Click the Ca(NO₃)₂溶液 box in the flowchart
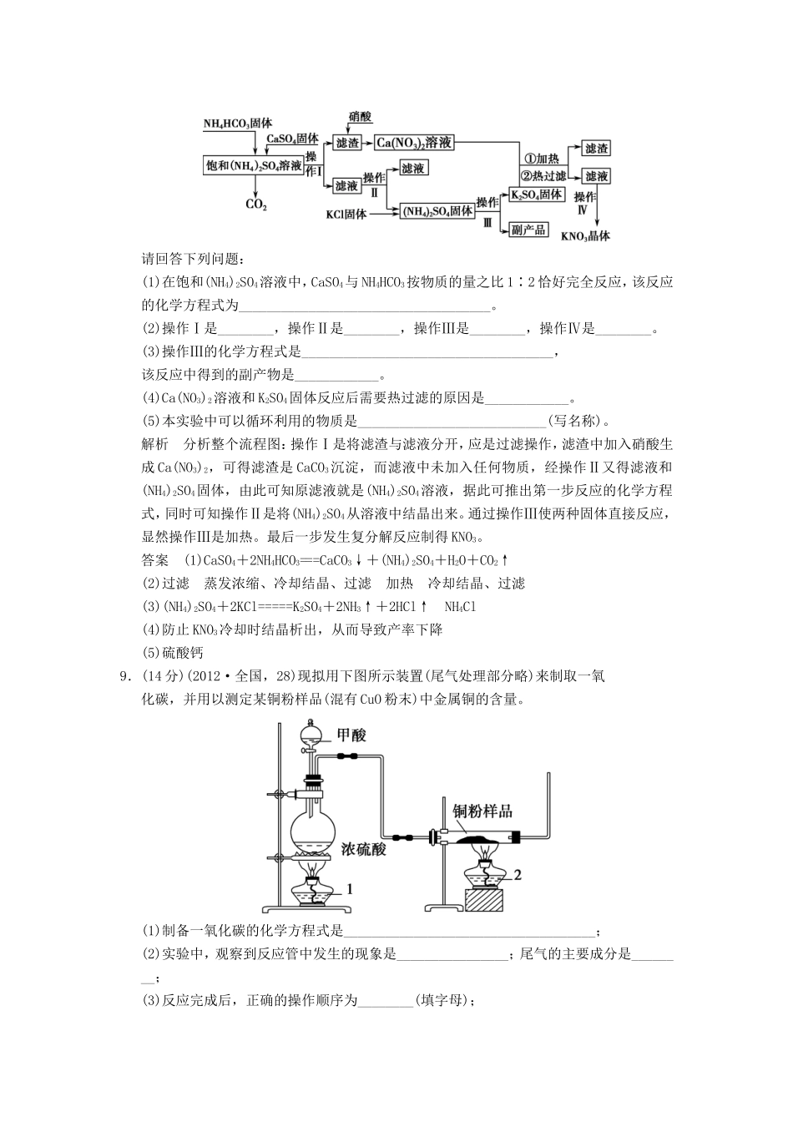[414, 143]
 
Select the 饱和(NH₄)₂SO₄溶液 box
[253, 165]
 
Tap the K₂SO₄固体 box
[537, 195]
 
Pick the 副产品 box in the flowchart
[528, 229]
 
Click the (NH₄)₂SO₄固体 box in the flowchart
[437, 212]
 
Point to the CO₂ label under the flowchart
[255, 204]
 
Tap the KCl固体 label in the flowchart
[346, 215]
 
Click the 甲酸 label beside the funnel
[351, 735]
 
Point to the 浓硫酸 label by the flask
[364, 849]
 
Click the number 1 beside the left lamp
[350, 889]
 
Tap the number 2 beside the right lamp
[518, 875]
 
